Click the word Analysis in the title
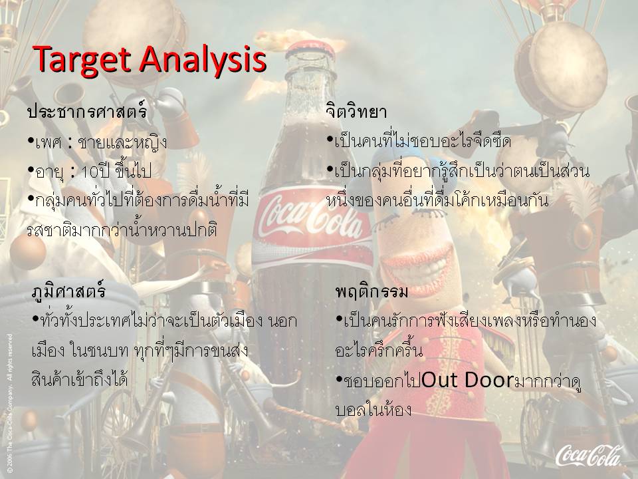203,59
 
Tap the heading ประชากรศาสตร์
86,111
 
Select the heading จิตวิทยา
356,111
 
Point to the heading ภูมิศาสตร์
68,290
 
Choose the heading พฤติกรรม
372,291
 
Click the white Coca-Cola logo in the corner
588,455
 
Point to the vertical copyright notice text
10,403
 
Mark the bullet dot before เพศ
31,141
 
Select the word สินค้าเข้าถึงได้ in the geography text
80,379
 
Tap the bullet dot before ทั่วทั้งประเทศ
36,318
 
